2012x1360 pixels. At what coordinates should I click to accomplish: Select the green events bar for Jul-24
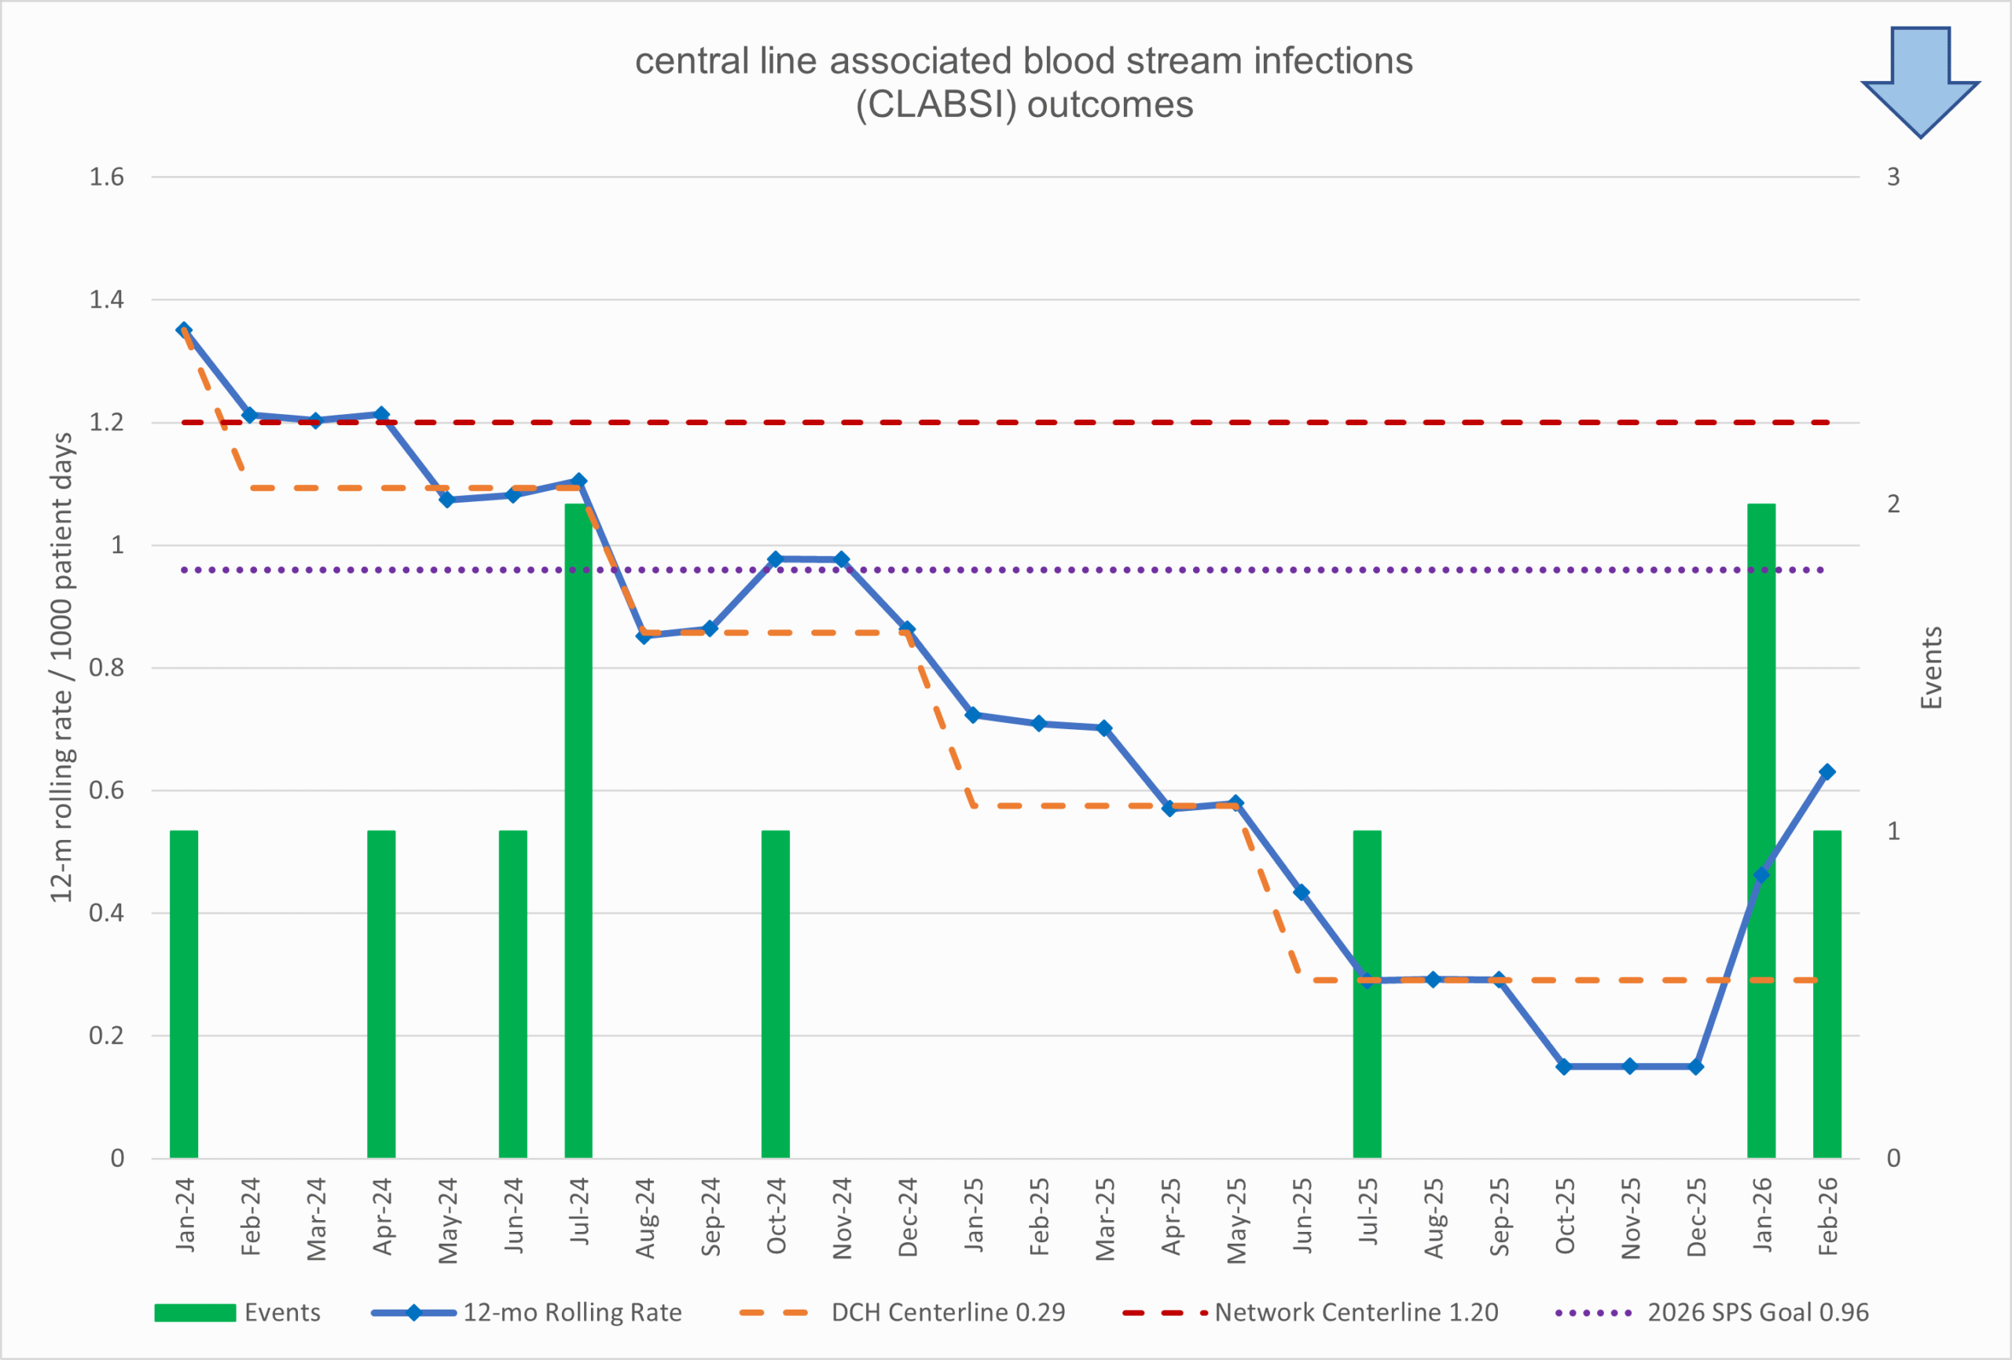pyautogui.click(x=578, y=831)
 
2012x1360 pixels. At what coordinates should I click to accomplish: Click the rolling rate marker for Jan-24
pyautogui.click(x=184, y=330)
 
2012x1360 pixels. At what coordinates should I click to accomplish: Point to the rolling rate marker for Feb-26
pyautogui.click(x=1827, y=772)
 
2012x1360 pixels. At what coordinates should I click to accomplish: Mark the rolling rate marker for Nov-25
pyautogui.click(x=1629, y=1066)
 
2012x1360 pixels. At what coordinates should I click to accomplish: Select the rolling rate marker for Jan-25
pyautogui.click(x=972, y=715)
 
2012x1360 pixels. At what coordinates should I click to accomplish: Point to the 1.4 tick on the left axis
pyautogui.click(x=106, y=299)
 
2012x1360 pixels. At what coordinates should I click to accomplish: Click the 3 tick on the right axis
pyautogui.click(x=1893, y=177)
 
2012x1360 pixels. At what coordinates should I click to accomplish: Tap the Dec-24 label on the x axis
pyautogui.click(x=907, y=1216)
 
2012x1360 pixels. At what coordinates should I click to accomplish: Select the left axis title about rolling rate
pyautogui.click(x=61, y=668)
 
